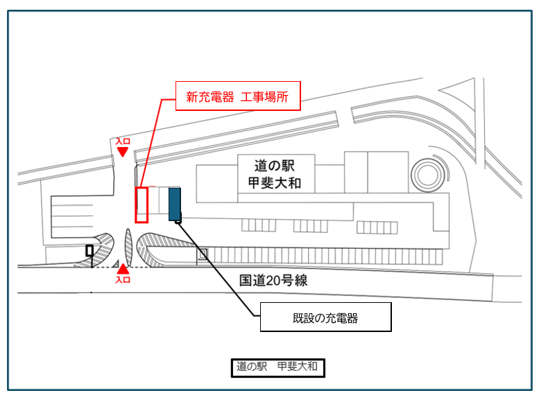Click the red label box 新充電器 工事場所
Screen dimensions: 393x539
click(x=237, y=98)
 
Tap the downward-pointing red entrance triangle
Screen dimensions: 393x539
click(x=123, y=152)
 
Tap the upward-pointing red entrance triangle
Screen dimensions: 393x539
click(x=123, y=269)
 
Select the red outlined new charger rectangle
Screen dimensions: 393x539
click(x=142, y=205)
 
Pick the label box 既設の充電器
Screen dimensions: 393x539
click(x=325, y=318)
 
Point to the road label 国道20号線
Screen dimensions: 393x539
click(x=273, y=281)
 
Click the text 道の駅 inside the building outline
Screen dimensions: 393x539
click(x=276, y=166)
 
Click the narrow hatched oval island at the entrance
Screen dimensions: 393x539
click(x=128, y=248)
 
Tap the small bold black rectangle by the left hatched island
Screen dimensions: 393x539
click(x=89, y=250)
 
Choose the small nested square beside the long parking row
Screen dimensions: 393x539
click(x=203, y=254)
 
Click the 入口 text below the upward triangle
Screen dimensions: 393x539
click(x=123, y=279)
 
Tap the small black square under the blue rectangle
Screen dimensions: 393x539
click(x=178, y=221)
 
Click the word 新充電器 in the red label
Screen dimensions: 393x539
click(x=206, y=98)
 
